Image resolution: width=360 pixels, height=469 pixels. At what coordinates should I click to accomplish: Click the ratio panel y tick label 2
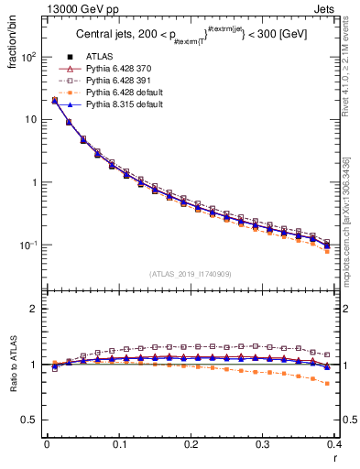[x=34, y=310]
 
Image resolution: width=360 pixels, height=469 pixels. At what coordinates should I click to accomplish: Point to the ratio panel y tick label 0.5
[x=30, y=420]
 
